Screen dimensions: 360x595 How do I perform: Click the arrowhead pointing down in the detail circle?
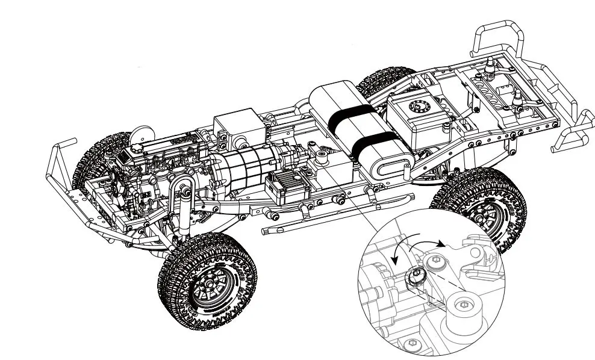(395, 258)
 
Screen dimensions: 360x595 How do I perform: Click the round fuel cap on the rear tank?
(416, 107)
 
